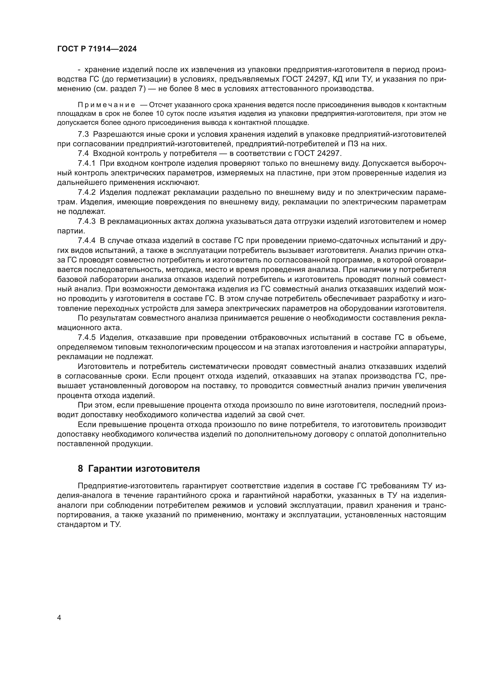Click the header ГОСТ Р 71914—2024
click(97, 49)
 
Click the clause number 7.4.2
click(86, 192)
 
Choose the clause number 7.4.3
click(86, 221)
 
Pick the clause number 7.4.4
click(86, 241)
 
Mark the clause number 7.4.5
click(86, 337)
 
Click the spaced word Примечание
click(106, 105)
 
